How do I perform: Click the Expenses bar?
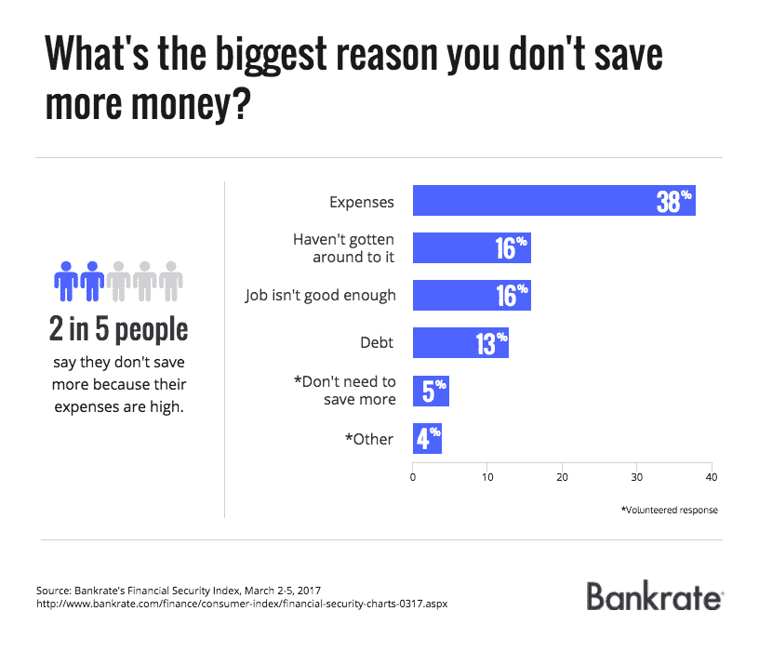(x=553, y=201)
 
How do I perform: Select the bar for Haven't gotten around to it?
(x=472, y=248)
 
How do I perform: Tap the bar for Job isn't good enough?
(x=472, y=295)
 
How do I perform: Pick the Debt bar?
(x=460, y=342)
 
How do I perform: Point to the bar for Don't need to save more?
(x=431, y=390)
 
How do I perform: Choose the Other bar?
(x=427, y=439)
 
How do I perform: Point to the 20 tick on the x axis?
(x=562, y=477)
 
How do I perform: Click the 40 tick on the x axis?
(x=712, y=477)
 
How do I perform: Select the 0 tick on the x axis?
(x=413, y=477)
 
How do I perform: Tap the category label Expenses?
(x=363, y=202)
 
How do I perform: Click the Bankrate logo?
(x=654, y=596)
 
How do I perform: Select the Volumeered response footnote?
(x=669, y=510)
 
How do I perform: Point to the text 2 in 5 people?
(x=118, y=329)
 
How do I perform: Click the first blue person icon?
(x=65, y=279)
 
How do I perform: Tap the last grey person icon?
(x=170, y=279)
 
